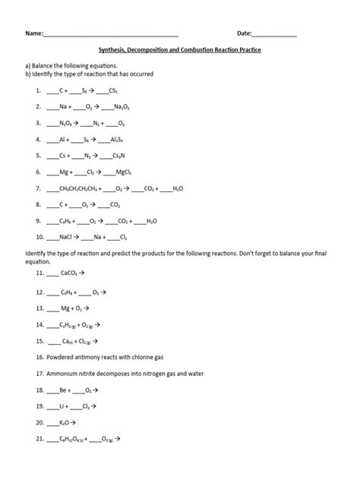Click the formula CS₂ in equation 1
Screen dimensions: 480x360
tap(114, 90)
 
